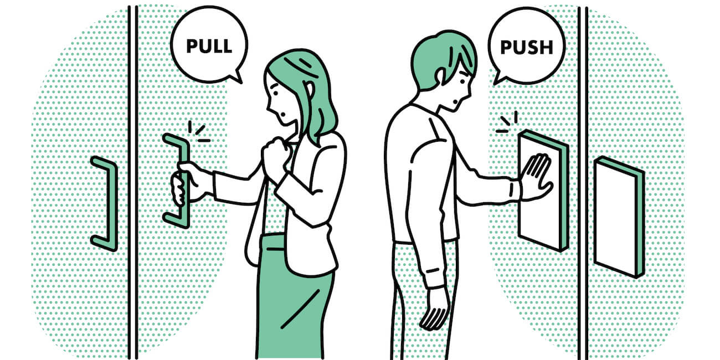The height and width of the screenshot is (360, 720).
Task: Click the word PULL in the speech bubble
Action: pos(209,47)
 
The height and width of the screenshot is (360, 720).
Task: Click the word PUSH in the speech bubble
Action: pos(527,48)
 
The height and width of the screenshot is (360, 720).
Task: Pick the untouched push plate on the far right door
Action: pos(619,217)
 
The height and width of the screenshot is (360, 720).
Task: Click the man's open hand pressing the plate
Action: pos(536,177)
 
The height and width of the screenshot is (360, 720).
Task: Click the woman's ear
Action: pos(310,91)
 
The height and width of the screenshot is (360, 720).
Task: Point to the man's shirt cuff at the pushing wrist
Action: pos(515,191)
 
